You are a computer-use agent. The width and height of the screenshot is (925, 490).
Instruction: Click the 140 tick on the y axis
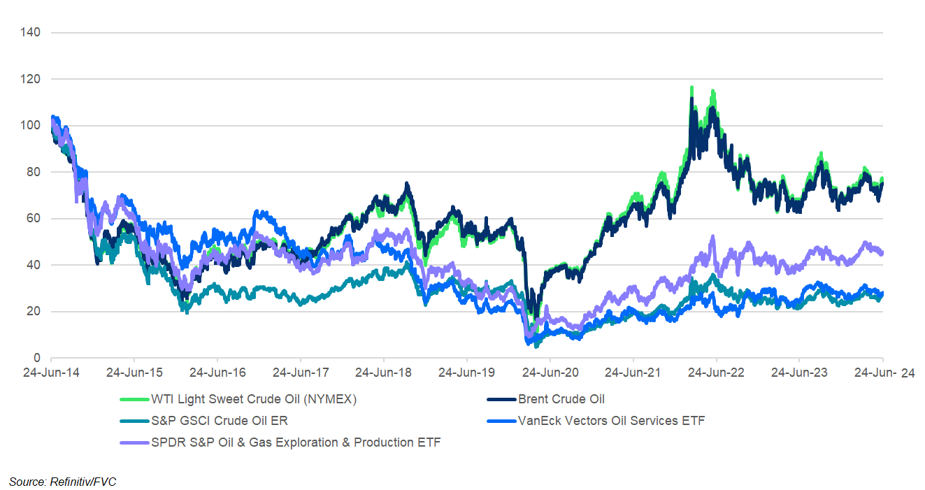click(x=31, y=33)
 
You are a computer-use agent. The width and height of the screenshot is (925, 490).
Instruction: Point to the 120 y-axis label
click(x=31, y=80)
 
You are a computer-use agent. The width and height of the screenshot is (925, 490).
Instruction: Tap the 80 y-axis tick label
click(x=34, y=172)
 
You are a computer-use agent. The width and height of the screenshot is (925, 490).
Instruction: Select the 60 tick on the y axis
click(x=34, y=219)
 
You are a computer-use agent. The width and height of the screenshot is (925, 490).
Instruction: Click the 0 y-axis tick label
click(x=36, y=358)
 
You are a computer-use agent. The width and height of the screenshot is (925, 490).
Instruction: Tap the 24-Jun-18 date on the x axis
click(x=382, y=373)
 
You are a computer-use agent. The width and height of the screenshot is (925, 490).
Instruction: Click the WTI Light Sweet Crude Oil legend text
click(x=254, y=400)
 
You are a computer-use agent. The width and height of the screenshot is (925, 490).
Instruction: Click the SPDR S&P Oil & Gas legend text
click(x=296, y=442)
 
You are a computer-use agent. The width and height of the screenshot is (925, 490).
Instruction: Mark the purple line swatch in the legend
click(x=135, y=442)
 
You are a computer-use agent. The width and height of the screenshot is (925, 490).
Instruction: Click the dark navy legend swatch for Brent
click(x=501, y=400)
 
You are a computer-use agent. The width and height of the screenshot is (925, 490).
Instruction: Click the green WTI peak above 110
click(x=691, y=89)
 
